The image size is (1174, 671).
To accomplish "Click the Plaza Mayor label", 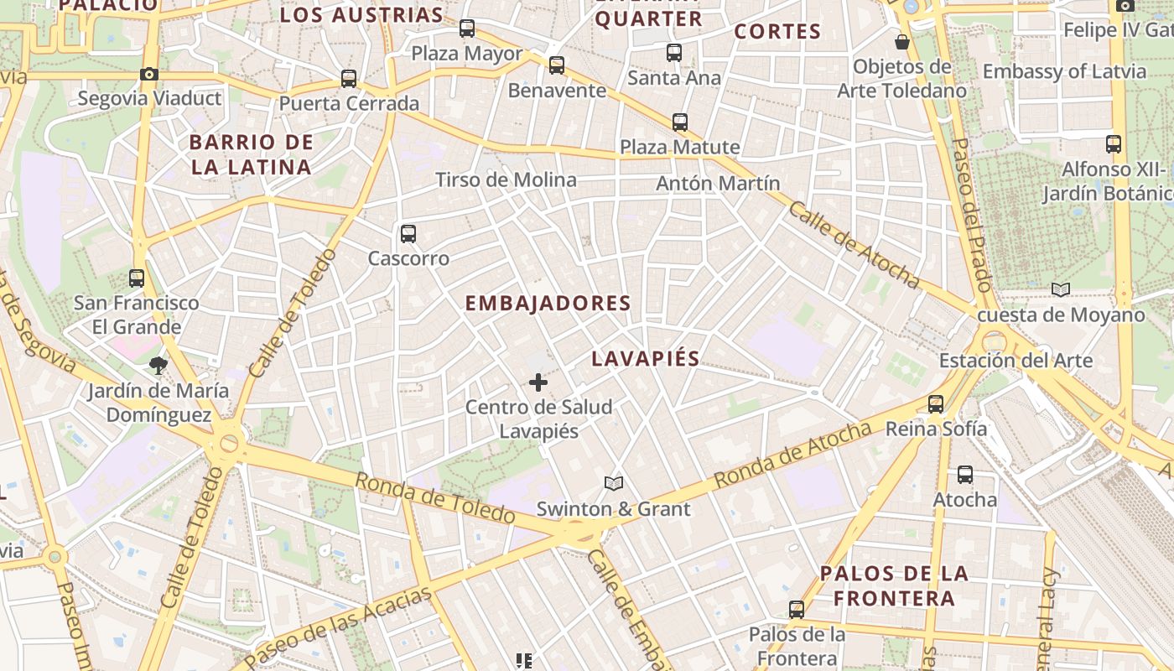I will (466, 54).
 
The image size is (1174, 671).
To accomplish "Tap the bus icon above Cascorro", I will (408, 234).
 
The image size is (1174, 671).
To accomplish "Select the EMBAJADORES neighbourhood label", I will (548, 303).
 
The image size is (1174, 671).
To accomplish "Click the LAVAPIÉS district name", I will (645, 358).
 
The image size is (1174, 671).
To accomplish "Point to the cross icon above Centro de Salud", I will (538, 383).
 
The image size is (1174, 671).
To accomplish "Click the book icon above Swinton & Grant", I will (614, 484).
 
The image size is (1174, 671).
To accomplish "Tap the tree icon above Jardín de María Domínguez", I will (158, 366).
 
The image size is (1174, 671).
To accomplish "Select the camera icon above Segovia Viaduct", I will (149, 74).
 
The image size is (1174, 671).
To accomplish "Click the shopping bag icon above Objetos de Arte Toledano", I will (902, 42).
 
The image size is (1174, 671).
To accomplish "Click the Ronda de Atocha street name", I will (792, 455).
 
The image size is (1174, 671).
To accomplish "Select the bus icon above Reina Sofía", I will (936, 404).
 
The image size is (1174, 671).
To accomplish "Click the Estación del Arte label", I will (1016, 361).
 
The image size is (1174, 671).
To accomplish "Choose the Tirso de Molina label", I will (506, 179).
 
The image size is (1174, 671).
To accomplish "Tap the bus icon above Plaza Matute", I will (680, 122).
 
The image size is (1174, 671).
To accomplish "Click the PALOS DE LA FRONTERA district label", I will (894, 585).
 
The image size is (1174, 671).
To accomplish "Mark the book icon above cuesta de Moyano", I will (1061, 290).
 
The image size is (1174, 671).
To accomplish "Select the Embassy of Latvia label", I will (1064, 71).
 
